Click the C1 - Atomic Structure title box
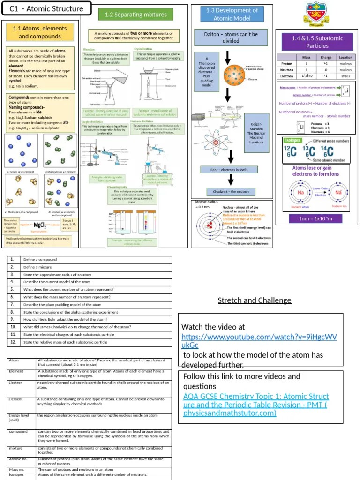click(46, 8)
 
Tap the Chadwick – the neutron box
click(231, 192)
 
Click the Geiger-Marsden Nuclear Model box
click(256, 133)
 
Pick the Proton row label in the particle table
click(286, 63)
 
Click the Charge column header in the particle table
click(326, 57)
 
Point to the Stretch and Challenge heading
click(255, 300)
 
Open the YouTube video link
click(259, 341)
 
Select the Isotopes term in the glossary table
click(16, 475)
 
